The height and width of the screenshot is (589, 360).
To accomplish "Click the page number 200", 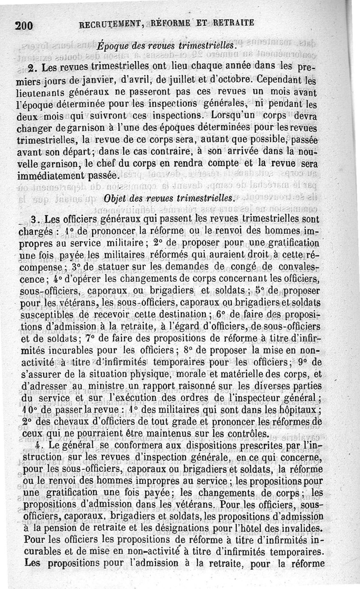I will click(x=24, y=25).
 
